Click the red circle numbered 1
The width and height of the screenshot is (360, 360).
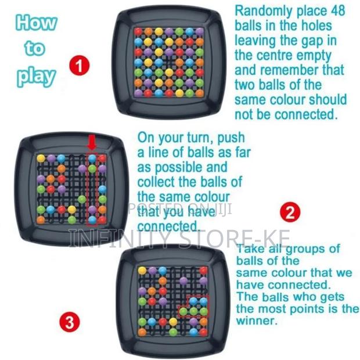[80, 64]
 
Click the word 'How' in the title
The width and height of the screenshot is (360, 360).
[37, 23]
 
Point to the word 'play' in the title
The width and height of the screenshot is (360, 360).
[37, 75]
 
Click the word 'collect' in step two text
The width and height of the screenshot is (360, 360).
[158, 182]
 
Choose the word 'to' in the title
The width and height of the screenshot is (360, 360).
[35, 49]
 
